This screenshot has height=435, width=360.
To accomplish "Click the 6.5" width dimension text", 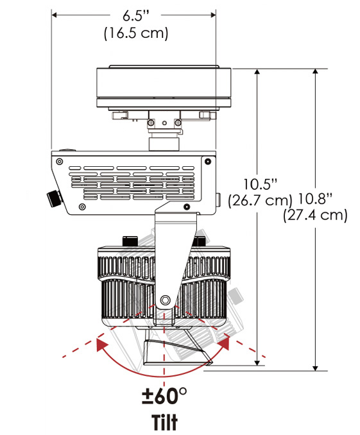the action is pos(136,15).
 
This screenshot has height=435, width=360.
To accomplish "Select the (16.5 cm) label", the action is pos(136,33).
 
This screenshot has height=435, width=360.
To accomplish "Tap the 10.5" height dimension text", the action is pos(261,184).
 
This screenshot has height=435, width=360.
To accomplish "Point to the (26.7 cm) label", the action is pos(260,200).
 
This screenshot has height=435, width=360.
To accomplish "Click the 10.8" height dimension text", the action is pos(315,199).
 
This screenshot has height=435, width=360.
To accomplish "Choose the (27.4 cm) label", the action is pos(315,215).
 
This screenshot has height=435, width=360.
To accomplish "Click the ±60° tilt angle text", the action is pos(164,396).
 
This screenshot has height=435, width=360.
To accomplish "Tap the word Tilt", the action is pos(164,422).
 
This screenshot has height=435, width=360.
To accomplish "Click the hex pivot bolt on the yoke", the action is pos(165,299).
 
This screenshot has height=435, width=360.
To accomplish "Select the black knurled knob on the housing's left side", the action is pos(55,198).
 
